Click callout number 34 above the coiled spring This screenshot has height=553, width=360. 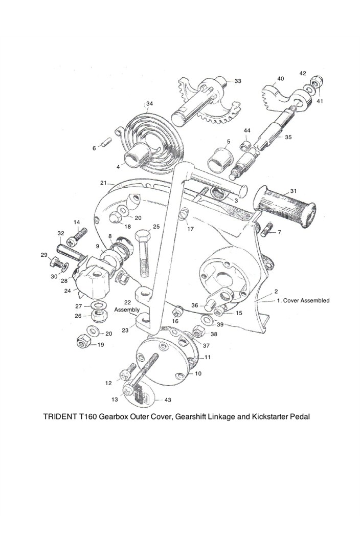[149, 104]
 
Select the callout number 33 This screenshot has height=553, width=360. [238, 81]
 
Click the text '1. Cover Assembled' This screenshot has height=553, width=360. [303, 300]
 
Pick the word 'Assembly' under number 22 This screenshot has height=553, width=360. [127, 309]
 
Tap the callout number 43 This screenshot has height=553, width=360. [168, 400]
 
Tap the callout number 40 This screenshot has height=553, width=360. [280, 79]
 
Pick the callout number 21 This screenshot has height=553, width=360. [103, 183]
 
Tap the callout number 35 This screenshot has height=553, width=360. [288, 137]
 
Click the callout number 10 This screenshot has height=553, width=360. [198, 373]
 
